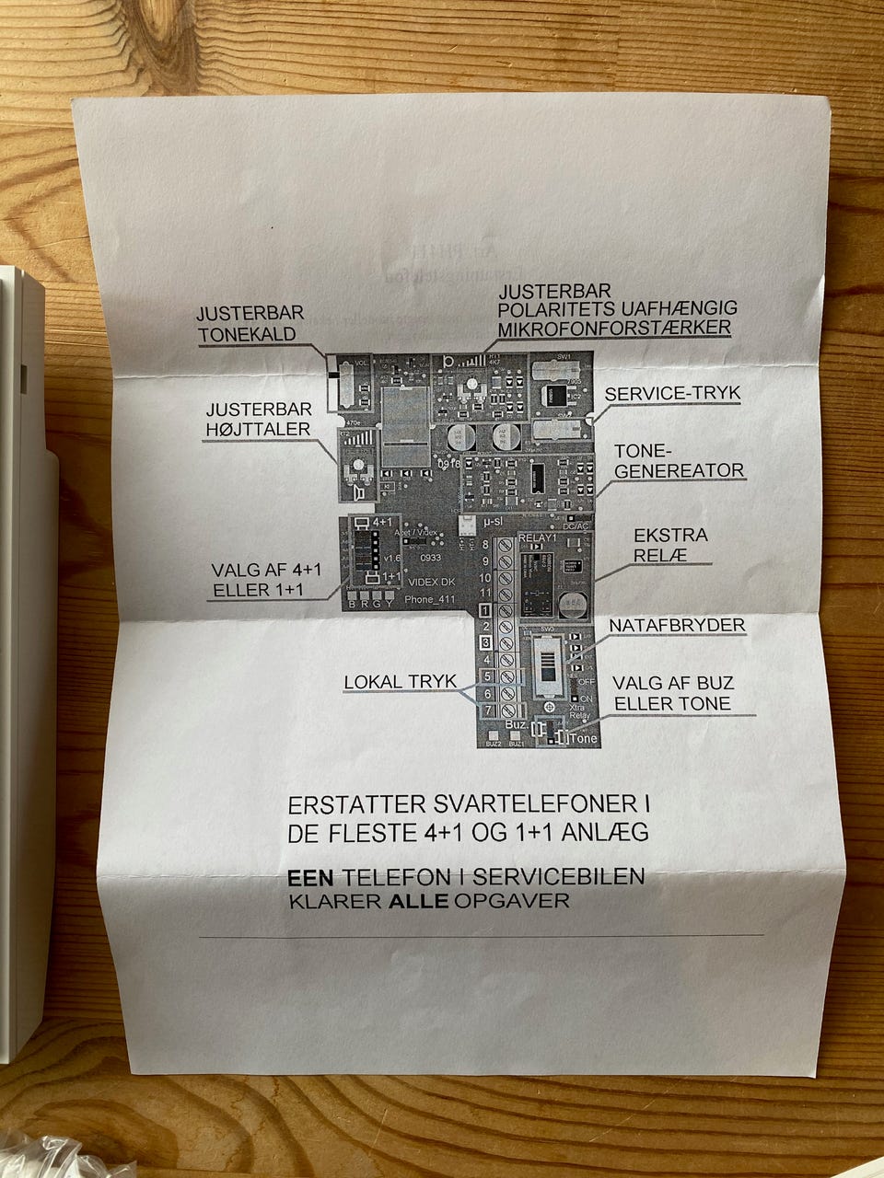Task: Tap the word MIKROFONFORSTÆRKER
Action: point(614,329)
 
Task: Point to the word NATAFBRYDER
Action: point(676,626)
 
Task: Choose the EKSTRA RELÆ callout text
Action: point(670,545)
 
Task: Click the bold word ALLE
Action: point(419,900)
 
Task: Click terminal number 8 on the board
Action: point(486,545)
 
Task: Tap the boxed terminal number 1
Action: point(486,610)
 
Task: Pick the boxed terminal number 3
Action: point(486,643)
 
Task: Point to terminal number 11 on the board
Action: point(484,594)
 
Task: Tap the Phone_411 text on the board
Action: point(430,598)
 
